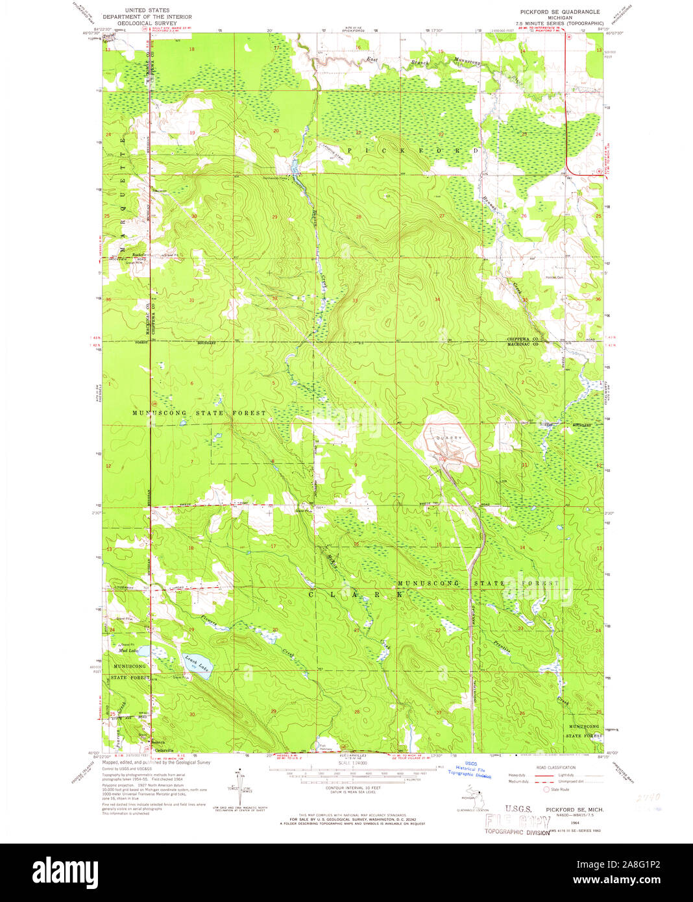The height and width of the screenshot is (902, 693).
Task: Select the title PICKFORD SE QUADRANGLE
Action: pos(559,12)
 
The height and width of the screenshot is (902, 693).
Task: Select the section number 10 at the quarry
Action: pos(441,459)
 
